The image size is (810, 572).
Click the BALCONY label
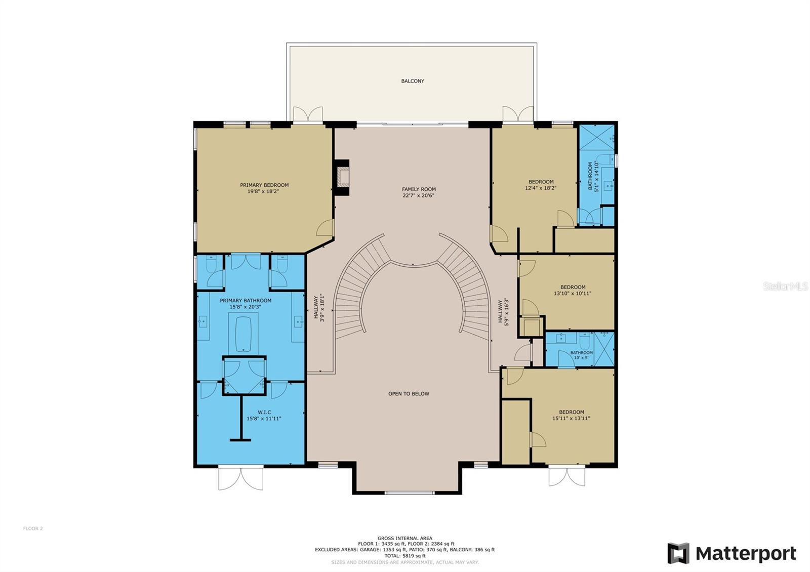(x=413, y=81)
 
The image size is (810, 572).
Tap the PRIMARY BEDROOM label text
(x=264, y=185)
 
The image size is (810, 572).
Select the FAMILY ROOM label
(x=419, y=189)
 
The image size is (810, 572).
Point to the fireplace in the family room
(x=342, y=178)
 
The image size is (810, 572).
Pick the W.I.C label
(x=264, y=412)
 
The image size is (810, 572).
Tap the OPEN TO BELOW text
(x=409, y=394)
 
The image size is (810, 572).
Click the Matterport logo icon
(x=678, y=553)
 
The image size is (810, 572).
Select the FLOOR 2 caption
(x=33, y=528)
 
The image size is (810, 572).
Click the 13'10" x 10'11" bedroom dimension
(x=573, y=294)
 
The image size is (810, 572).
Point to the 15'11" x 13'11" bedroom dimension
(x=571, y=418)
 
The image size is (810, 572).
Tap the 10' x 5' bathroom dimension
(x=582, y=358)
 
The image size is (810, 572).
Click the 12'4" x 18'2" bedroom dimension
(x=541, y=188)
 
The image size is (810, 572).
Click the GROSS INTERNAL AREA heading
(x=404, y=539)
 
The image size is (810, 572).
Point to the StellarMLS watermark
(x=785, y=287)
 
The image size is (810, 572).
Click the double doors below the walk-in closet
(x=241, y=478)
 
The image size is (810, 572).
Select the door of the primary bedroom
(x=325, y=228)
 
